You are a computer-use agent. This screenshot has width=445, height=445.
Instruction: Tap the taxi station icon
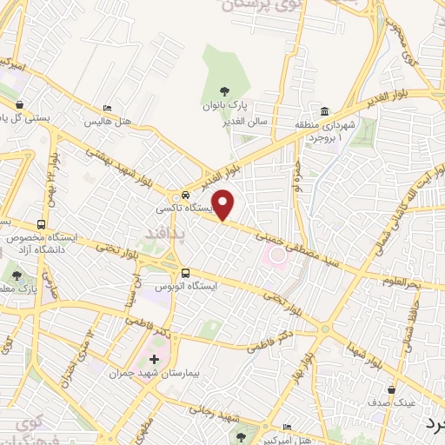185,195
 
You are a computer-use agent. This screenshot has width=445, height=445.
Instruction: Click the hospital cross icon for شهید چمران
155,360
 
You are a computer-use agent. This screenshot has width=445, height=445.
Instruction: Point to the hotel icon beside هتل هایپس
107,109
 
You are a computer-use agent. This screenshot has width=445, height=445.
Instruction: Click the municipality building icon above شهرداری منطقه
325,110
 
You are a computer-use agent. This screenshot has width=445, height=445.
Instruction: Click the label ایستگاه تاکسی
178,209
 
